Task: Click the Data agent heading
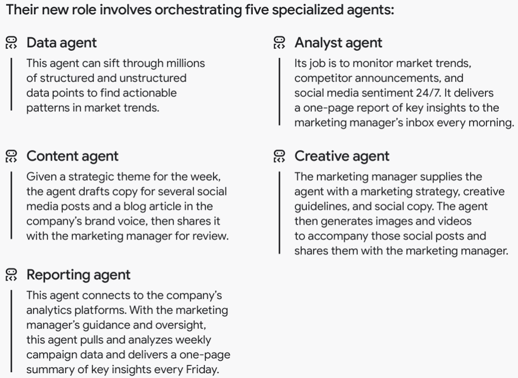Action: [61, 43]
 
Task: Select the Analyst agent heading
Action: [338, 43]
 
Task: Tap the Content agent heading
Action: [72, 156]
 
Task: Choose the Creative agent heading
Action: [341, 156]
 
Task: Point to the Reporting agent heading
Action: [78, 275]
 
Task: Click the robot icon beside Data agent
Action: [11, 43]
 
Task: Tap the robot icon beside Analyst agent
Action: [279, 43]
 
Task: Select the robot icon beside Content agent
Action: [11, 156]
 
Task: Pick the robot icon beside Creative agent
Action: [279, 156]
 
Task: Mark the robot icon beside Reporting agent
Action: [11, 275]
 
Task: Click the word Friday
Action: [203, 370]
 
